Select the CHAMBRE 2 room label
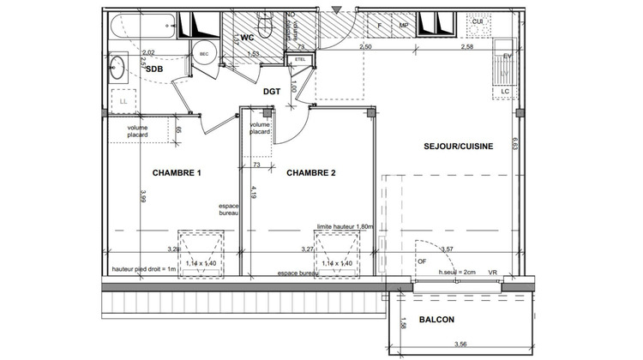pyautogui.click(x=310, y=173)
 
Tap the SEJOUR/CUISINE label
pyautogui.click(x=458, y=147)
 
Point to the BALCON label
pyautogui.click(x=436, y=321)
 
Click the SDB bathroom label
pyautogui.click(x=154, y=69)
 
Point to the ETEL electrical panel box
pyautogui.click(x=300, y=59)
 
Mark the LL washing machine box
pyautogui.click(x=123, y=101)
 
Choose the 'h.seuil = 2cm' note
pyautogui.click(x=456, y=272)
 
